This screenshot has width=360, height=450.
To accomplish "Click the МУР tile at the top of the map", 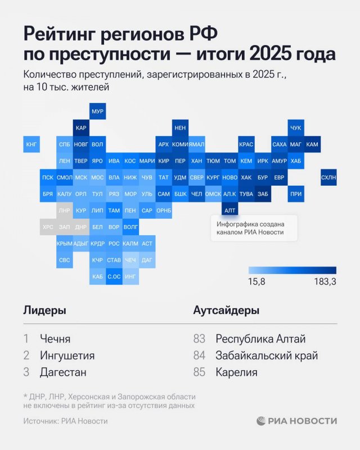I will pyautogui.click(x=97, y=111).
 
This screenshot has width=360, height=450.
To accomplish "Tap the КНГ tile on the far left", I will pyautogui.click(x=31, y=145).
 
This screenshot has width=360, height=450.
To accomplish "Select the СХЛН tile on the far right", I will pyautogui.click(x=328, y=177).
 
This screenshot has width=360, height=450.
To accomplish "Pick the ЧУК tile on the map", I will pyautogui.click(x=295, y=128).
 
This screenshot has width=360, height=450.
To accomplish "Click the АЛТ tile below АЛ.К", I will pyautogui.click(x=229, y=210).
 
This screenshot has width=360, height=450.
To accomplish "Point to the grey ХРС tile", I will pyautogui.click(x=48, y=227).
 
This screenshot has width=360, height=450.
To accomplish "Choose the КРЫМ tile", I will pyautogui.click(x=64, y=243).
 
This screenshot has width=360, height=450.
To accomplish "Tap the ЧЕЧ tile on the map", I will pyautogui.click(x=130, y=260).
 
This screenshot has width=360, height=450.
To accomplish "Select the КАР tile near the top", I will pyautogui.click(x=81, y=128).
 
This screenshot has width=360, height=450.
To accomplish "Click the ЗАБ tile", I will pyautogui.click(x=262, y=193).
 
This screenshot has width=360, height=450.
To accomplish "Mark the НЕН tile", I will pyautogui.click(x=180, y=128).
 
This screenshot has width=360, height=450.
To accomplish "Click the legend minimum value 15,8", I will pyautogui.click(x=256, y=282).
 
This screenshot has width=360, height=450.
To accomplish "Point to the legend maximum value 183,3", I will pyautogui.click(x=325, y=282).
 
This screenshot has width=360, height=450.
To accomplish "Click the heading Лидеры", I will pyautogui.click(x=44, y=310).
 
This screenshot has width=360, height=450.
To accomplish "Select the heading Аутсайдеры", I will pyautogui.click(x=226, y=310).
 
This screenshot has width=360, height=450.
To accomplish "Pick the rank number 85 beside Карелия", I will pyautogui.click(x=199, y=372).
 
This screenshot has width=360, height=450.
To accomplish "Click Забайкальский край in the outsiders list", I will pyautogui.click(x=267, y=355).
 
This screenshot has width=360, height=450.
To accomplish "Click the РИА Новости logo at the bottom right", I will pyautogui.click(x=297, y=421).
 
